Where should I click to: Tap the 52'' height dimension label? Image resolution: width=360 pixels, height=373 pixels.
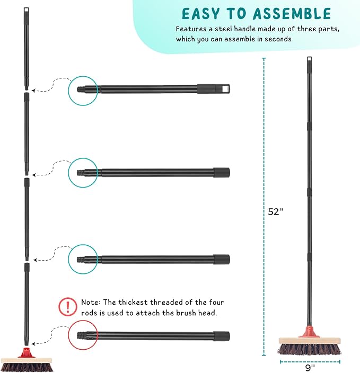click(276, 211)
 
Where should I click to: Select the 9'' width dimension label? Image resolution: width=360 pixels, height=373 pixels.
click(310, 366)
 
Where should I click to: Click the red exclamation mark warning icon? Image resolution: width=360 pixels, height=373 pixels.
click(67, 306)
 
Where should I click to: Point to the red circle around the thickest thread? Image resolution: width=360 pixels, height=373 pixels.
click(83, 335)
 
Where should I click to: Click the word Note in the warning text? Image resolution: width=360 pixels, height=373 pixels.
click(91, 303)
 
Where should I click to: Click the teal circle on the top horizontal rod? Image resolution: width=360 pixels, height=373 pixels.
click(83, 89)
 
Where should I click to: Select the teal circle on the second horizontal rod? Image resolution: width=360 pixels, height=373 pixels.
click(83, 172)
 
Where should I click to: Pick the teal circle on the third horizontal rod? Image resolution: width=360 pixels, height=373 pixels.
click(83, 259)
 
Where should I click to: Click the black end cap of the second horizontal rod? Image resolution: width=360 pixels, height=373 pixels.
click(222, 172)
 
